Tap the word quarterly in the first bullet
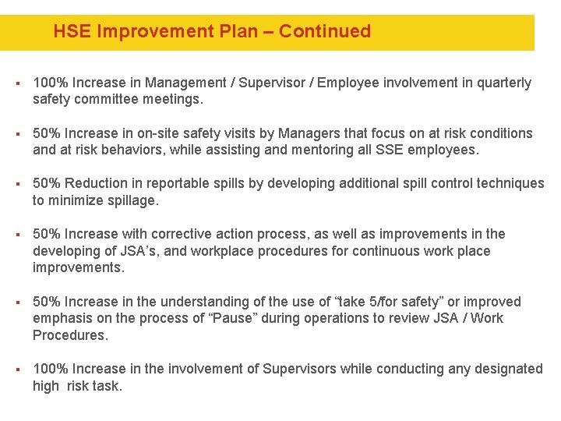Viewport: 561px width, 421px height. pos(503,83)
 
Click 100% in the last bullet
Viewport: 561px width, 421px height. pos(48,369)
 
